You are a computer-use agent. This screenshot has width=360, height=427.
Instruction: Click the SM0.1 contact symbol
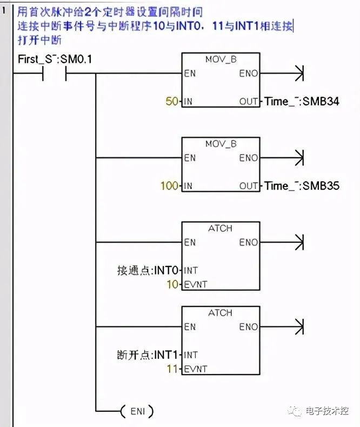coord(54,73)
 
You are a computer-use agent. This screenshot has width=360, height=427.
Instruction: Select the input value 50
coord(172,101)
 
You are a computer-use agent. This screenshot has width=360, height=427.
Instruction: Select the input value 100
coord(169,185)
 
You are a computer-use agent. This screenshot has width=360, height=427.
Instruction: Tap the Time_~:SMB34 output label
coord(302,101)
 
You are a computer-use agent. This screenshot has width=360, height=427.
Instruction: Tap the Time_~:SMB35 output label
coord(302,185)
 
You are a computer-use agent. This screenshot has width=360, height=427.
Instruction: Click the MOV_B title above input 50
coord(221,59)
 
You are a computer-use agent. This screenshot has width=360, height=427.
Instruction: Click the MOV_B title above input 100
coord(221,143)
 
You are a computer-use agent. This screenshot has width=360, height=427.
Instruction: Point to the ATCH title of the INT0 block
coord(221,228)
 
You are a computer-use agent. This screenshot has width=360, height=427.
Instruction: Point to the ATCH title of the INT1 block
coord(221,312)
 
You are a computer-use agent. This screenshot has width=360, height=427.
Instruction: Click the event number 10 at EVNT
coord(172,284)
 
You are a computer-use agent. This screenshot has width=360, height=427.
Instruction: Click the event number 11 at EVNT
coord(172,369)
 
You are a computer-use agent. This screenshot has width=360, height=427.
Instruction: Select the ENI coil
coord(137,411)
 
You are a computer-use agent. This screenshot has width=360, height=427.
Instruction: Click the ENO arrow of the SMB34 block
coord(298,73)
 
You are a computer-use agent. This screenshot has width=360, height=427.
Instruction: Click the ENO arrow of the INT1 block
coord(298,326)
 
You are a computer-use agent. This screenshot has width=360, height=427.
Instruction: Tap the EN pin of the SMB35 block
coord(190,158)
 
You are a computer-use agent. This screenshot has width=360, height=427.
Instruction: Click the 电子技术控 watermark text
coord(326,411)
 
